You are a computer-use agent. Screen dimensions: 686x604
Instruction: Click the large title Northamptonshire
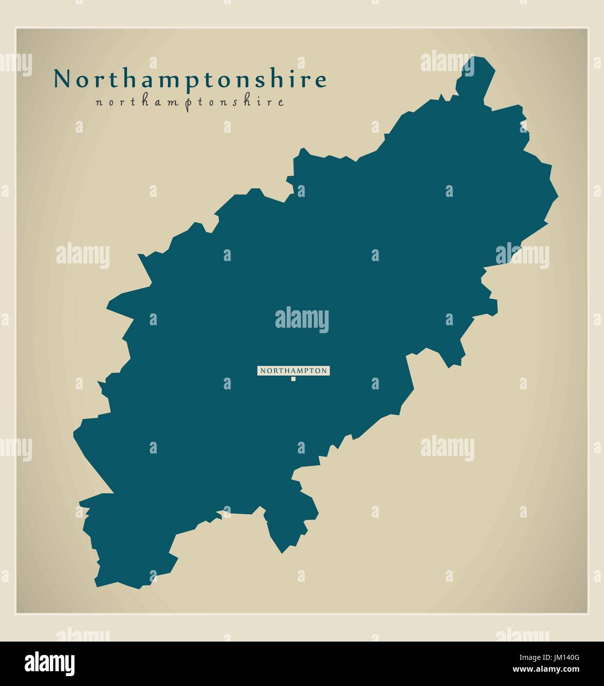(x=190, y=79)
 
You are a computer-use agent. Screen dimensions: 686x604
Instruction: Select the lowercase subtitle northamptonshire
(x=190, y=102)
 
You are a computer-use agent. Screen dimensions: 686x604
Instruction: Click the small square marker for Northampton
(x=293, y=379)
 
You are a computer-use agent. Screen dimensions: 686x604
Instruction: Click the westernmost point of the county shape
(x=74, y=433)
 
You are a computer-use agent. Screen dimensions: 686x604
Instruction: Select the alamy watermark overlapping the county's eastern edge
(x=522, y=256)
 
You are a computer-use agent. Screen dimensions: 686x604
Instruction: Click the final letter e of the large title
(x=321, y=80)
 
